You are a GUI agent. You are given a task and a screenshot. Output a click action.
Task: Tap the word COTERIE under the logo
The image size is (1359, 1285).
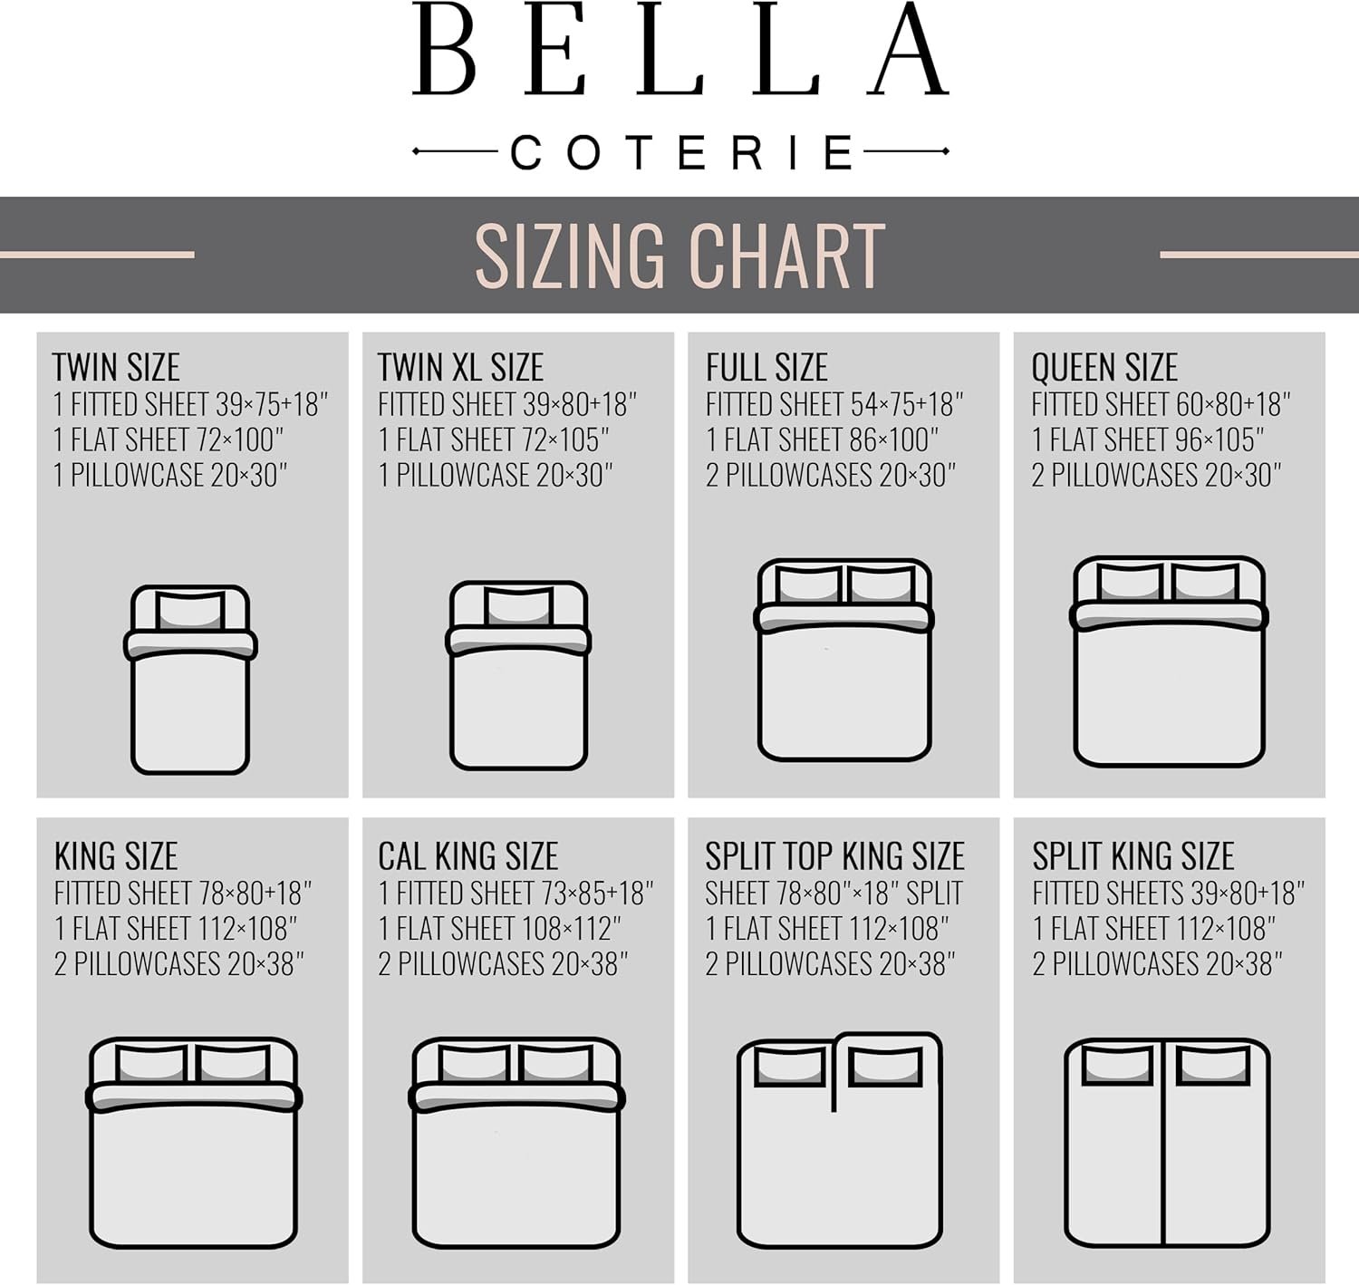tap(681, 152)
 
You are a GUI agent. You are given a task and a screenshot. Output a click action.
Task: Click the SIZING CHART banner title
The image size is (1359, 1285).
tap(680, 256)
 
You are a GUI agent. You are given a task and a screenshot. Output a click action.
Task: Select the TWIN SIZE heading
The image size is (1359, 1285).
tap(116, 367)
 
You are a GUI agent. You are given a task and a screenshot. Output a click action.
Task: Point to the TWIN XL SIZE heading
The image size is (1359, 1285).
tap(460, 367)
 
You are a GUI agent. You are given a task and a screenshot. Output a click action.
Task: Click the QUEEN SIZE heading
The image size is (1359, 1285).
tap(1104, 367)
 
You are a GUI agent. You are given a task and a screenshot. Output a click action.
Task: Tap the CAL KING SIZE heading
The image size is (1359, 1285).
tap(468, 856)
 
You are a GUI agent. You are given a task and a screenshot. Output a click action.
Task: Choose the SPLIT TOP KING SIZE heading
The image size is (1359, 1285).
tap(835, 856)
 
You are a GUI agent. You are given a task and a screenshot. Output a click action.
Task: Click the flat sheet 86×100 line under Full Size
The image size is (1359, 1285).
tap(823, 440)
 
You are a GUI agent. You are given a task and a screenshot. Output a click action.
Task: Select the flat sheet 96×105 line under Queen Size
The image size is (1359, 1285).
tap(1148, 440)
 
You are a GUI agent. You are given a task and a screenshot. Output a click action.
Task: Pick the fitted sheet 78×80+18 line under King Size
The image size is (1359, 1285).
tap(183, 894)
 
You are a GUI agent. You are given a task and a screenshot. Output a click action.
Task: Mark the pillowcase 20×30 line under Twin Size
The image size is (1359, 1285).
tap(170, 475)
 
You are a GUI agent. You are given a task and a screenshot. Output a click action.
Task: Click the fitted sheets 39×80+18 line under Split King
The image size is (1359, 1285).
tap(1169, 894)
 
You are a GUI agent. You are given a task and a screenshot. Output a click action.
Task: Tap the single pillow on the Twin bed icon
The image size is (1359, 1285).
tap(190, 612)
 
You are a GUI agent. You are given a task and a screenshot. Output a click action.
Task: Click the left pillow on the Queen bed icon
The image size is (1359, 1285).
tap(1130, 583)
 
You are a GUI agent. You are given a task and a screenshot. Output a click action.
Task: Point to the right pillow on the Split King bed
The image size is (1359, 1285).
tap(1213, 1066)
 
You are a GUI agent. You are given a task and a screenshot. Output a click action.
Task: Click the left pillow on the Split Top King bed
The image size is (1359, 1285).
tap(790, 1067)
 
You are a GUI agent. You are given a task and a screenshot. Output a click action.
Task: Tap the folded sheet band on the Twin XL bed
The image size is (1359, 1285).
tap(518, 640)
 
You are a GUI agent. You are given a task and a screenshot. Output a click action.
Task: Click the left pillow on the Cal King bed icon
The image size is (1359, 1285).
tap(474, 1065)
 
